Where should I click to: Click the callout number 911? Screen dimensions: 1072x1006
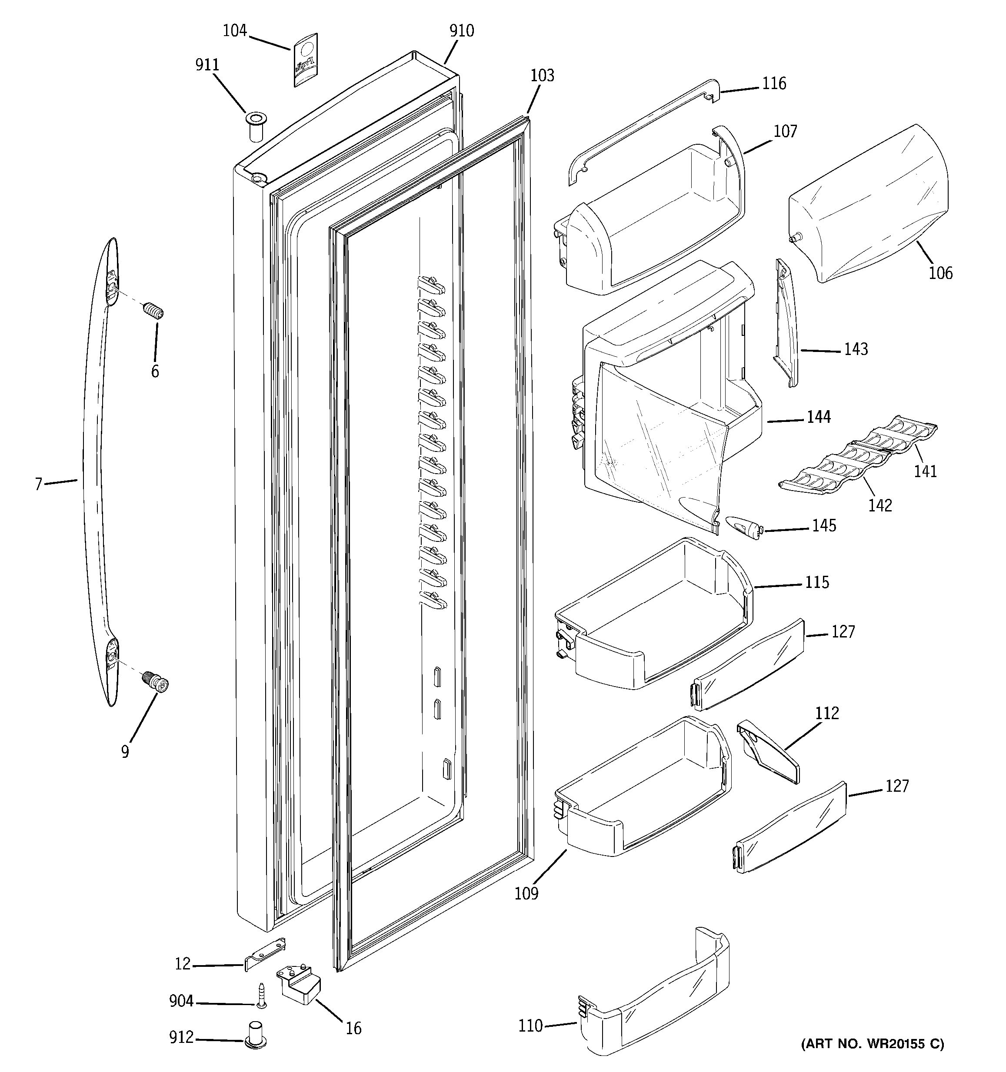coord(207,65)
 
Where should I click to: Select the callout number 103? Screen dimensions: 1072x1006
coord(542,76)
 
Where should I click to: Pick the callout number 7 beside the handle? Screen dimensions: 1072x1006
coord(38,484)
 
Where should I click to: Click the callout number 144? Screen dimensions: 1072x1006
coord(818,417)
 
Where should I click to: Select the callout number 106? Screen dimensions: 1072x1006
coord(940,273)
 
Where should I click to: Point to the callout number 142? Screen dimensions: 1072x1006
coord(880,505)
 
